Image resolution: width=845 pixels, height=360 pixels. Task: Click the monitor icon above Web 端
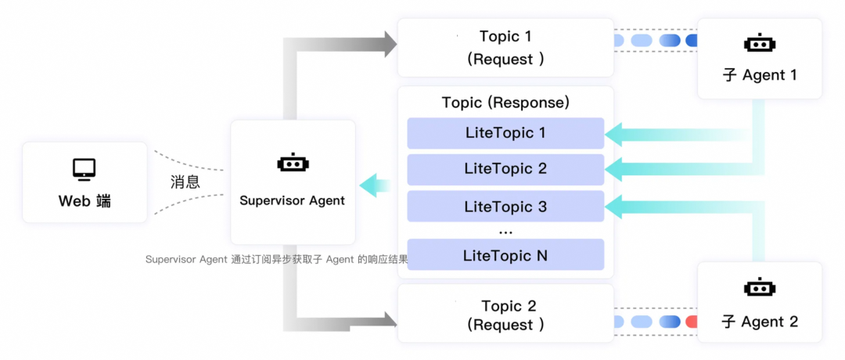coord(84,168)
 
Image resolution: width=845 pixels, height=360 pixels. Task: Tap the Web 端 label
coord(84,201)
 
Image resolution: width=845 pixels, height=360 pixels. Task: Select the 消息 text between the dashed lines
coord(185,182)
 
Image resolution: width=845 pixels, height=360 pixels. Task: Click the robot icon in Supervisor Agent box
coord(293,164)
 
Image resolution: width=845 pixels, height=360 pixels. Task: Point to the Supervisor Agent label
coord(292,200)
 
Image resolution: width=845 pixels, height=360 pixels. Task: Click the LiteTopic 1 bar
coord(505,133)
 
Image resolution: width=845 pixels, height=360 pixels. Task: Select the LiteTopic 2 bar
coord(505,169)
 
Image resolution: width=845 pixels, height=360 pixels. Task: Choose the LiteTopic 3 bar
coord(505,207)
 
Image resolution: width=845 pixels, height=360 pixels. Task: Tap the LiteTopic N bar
coord(505,255)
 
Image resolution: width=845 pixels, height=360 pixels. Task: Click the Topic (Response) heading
coord(505,103)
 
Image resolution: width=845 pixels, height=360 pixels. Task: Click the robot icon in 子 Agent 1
coord(759,44)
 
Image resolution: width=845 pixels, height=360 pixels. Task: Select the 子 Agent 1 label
coord(759,75)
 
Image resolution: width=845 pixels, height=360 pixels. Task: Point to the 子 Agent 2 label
coord(759,321)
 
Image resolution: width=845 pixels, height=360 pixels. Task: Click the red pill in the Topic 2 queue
coord(691,322)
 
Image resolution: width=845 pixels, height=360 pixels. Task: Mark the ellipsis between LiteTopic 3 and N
coord(505,231)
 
